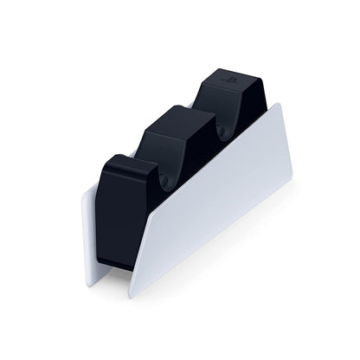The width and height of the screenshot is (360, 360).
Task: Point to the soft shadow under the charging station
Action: (216, 260)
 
